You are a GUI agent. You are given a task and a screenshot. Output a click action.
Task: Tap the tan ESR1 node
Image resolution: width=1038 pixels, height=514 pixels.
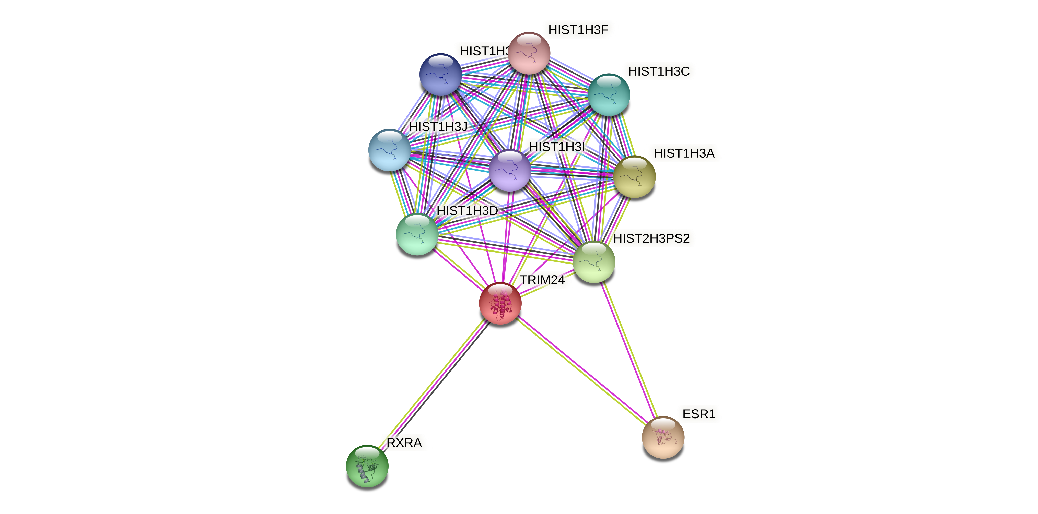tap(663, 437)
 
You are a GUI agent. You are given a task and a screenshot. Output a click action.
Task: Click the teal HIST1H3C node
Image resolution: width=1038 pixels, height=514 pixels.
tap(609, 95)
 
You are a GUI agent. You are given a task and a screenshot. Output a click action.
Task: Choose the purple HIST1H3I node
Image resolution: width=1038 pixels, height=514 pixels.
tap(510, 170)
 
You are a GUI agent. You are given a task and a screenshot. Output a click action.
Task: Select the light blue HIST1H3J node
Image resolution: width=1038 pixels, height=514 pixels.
tap(389, 150)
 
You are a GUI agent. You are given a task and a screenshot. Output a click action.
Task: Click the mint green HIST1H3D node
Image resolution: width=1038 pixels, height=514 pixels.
tap(417, 234)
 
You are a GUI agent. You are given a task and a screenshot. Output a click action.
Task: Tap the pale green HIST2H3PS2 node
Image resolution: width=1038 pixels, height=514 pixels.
tap(593, 262)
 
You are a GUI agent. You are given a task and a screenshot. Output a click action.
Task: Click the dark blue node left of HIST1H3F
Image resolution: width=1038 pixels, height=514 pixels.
tap(440, 75)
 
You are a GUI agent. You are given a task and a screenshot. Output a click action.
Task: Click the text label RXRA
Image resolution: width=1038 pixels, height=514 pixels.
tap(404, 443)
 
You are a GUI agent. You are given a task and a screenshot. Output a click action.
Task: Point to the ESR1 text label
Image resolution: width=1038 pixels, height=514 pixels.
tap(699, 414)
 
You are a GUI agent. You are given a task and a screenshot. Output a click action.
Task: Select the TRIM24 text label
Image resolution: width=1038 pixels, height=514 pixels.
tap(542, 280)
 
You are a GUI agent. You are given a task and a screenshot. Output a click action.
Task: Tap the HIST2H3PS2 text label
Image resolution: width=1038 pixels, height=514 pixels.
tap(651, 238)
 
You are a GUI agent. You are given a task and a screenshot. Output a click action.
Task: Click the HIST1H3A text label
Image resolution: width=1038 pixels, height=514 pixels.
tap(684, 153)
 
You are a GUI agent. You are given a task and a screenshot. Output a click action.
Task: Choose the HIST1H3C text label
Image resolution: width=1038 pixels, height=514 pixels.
tap(659, 71)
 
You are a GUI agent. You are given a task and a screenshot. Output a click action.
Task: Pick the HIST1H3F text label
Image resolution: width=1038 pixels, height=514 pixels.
tap(578, 30)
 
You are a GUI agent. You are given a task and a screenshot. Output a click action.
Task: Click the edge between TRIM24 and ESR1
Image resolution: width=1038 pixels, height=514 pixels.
tap(580, 369)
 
